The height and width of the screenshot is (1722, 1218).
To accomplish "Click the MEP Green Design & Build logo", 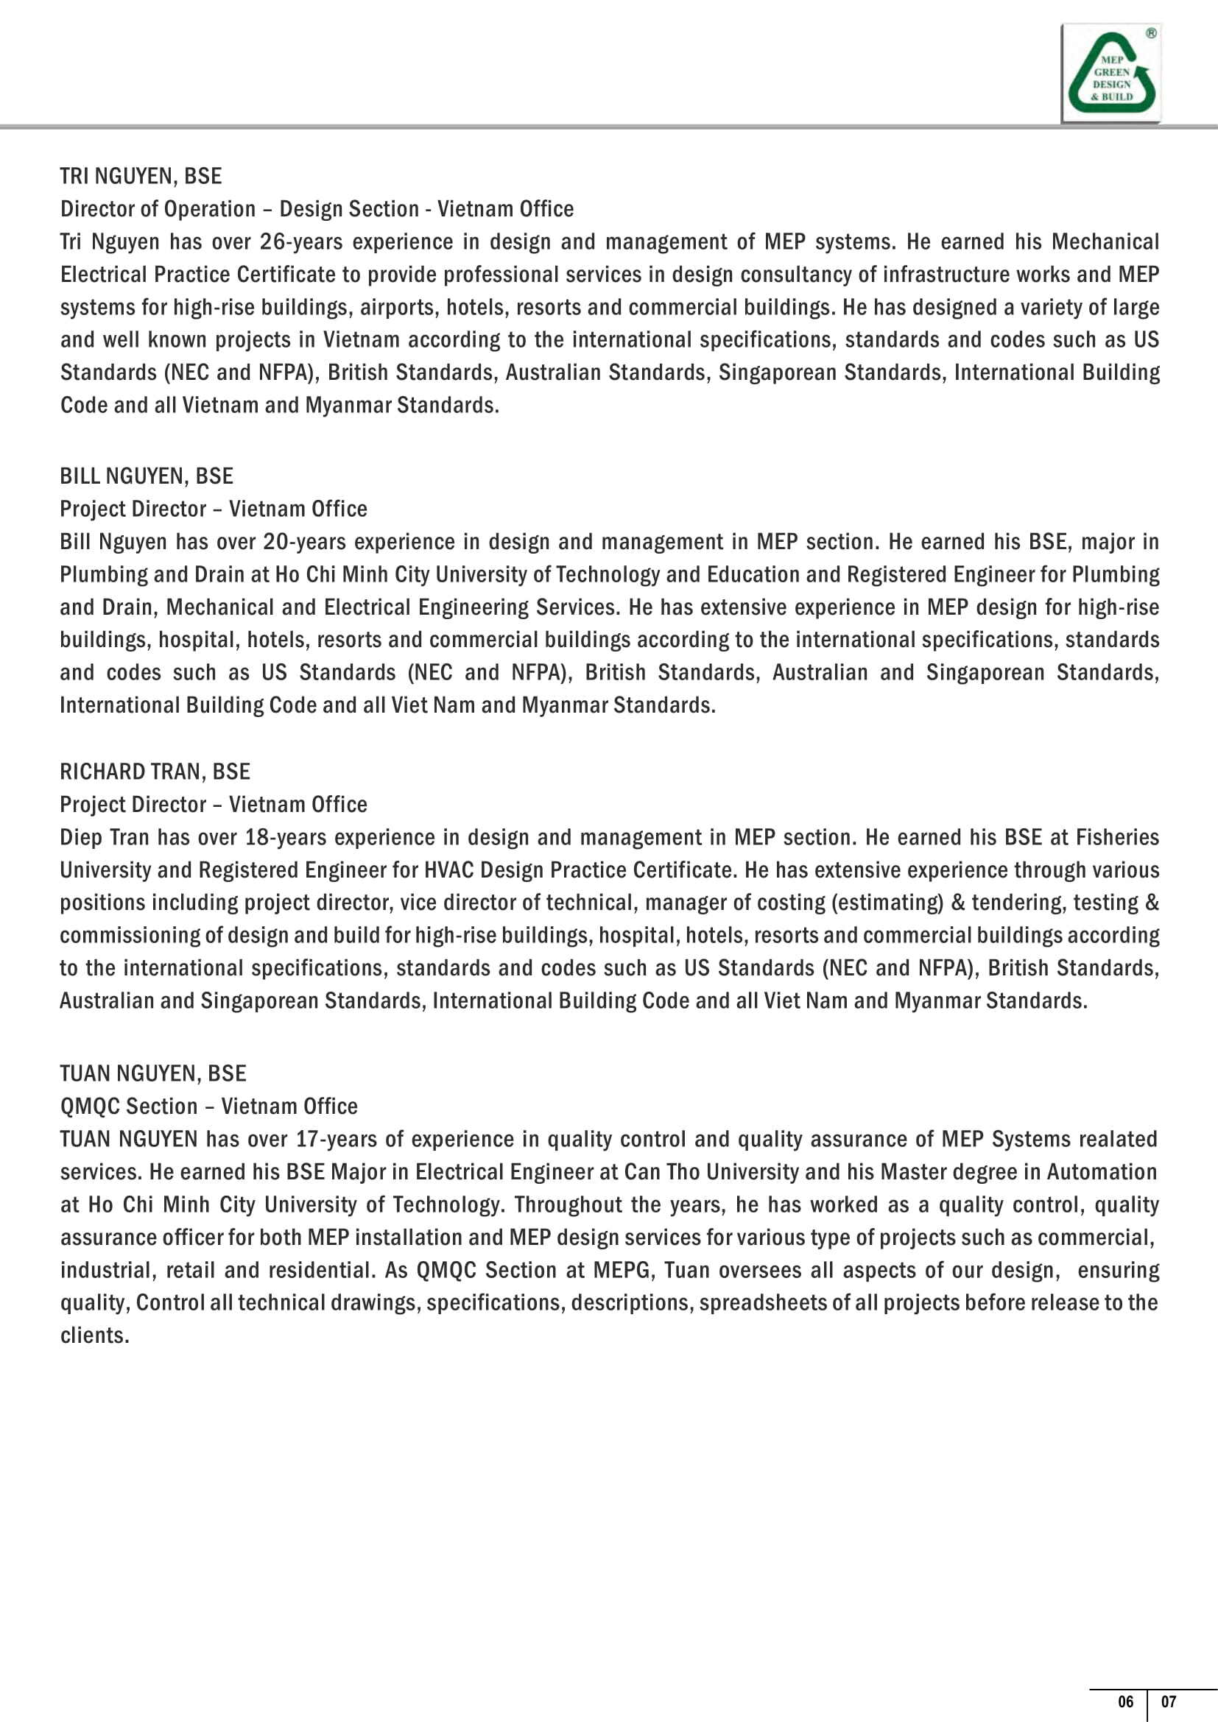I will (1110, 74).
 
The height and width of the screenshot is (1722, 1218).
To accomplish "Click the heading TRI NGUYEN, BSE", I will (141, 176).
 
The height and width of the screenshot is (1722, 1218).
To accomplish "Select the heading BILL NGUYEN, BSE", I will (147, 476).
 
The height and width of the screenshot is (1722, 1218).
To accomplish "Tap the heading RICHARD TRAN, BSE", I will (155, 772).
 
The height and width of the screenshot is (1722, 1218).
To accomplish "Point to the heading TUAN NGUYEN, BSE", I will (153, 1073).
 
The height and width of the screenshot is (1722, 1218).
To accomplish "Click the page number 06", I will (1125, 1701).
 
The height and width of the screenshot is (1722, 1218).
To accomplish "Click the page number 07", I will (1169, 1701).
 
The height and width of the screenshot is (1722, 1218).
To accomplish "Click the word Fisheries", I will (1117, 838).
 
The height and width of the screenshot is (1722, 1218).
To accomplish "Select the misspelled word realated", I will (1118, 1139).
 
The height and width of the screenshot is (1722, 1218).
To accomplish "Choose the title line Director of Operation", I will (158, 209).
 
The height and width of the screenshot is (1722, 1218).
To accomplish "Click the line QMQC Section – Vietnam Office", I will (208, 1107).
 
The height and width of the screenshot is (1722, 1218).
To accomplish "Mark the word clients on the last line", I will (94, 1335).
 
